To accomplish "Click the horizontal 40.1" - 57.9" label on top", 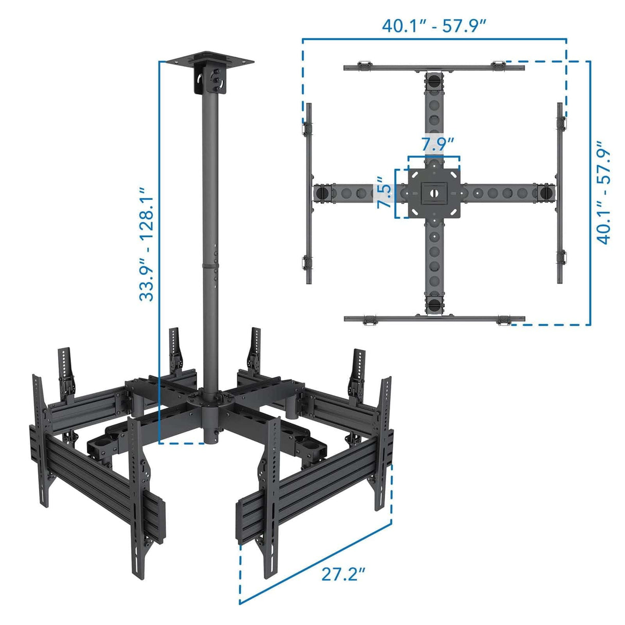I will tap(434, 25).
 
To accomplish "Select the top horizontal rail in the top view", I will tap(434, 67).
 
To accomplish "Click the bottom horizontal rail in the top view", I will tap(434, 319).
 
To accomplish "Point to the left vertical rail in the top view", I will tap(309, 193).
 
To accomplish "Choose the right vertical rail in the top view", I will tap(560, 193).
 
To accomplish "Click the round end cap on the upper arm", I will tap(434, 81).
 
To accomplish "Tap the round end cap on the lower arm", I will tap(434, 304).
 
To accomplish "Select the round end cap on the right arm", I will tap(546, 193).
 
